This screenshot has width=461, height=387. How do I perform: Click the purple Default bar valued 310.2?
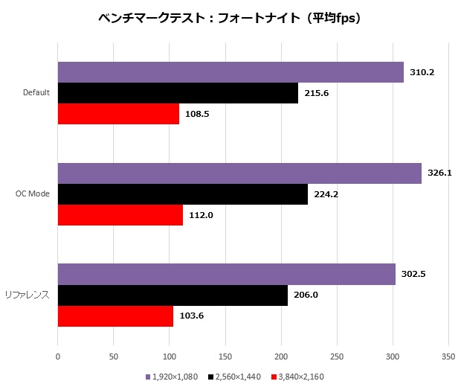(x=230, y=72)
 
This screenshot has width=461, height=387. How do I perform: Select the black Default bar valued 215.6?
(x=178, y=93)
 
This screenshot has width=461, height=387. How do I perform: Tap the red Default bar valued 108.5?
(x=118, y=114)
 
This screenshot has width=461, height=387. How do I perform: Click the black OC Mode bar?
(x=182, y=193)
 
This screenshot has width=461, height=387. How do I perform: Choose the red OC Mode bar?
(x=120, y=214)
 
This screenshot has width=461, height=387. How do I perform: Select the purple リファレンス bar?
(x=226, y=275)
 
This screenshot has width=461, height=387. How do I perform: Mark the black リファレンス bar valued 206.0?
(x=173, y=295)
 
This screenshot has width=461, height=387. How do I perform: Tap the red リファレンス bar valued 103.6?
(x=115, y=316)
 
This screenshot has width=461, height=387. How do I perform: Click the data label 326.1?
(x=439, y=173)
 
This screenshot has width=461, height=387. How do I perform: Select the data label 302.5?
(x=413, y=275)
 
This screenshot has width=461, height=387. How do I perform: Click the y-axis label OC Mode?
(x=33, y=193)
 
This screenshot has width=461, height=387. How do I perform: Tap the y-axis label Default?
(x=36, y=92)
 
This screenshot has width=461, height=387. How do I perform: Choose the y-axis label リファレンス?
(x=30, y=295)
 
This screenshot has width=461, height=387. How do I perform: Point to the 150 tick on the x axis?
(x=225, y=356)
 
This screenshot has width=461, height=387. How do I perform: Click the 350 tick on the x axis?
(x=448, y=356)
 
